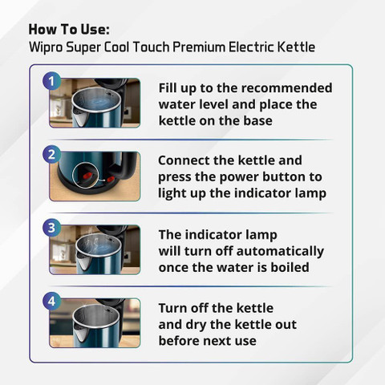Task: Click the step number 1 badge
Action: pyautogui.click(x=51, y=81)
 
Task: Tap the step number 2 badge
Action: pyautogui.click(x=51, y=154)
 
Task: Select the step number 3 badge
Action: pyautogui.click(x=51, y=228)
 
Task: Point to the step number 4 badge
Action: pyautogui.click(x=51, y=302)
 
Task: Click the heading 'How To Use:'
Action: pyautogui.click(x=69, y=29)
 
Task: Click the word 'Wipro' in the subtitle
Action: pyautogui.click(x=46, y=47)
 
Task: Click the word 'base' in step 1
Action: pyautogui.click(x=257, y=120)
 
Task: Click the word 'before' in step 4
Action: pyautogui.click(x=178, y=341)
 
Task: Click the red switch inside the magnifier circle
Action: pyautogui.click(x=87, y=176)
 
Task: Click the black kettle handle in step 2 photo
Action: pyautogui.click(x=128, y=167)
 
